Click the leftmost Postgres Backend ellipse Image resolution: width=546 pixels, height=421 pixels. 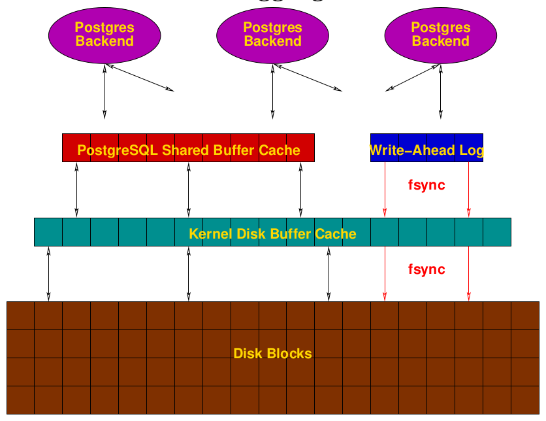104,35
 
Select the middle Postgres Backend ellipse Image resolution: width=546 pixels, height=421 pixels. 272,35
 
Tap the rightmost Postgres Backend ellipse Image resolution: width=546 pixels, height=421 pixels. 440,35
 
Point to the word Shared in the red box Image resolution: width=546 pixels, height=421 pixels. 185,150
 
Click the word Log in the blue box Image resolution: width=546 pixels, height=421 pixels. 472,150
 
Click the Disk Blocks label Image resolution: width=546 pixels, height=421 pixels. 272,354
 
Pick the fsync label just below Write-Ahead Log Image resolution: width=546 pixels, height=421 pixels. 426,185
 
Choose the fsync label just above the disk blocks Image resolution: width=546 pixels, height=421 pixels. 426,269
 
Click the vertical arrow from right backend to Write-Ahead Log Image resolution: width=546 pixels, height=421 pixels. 440,92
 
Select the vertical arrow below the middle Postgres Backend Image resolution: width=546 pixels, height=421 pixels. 272,92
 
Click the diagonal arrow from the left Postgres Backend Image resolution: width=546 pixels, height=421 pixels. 140,78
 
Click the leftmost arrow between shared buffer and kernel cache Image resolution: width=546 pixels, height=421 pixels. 76,190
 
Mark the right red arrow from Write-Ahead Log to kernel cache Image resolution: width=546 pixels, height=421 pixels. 468,190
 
